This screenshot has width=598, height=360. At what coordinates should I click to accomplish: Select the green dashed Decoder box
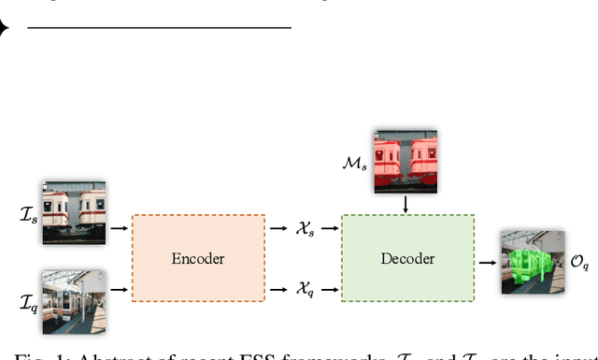click(x=407, y=257)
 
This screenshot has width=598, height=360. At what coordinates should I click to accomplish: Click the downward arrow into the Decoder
click(x=406, y=204)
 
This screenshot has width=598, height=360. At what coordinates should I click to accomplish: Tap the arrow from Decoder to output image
click(x=487, y=262)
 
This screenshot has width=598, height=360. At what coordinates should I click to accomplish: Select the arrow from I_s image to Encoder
click(x=120, y=227)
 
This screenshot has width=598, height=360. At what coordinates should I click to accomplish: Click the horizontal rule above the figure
click(x=159, y=28)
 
